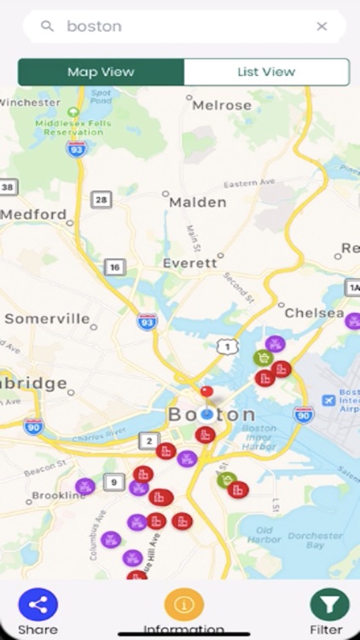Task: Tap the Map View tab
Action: (x=101, y=73)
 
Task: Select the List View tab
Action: (x=266, y=73)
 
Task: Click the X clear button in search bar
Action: (x=322, y=26)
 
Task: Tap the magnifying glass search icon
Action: (x=48, y=26)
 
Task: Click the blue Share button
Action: (x=38, y=605)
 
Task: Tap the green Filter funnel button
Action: (x=329, y=605)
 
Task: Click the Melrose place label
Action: (x=222, y=105)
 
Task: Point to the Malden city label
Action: (x=197, y=202)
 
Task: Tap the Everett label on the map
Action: (x=189, y=263)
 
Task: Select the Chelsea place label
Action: (x=313, y=313)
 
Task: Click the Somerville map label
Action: (x=47, y=318)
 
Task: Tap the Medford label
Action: (x=34, y=214)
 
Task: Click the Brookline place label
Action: (x=59, y=495)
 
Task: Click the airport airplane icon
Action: (x=328, y=399)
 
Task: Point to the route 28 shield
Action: (x=102, y=200)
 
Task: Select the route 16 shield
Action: (x=114, y=267)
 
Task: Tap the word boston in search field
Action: (x=94, y=26)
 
